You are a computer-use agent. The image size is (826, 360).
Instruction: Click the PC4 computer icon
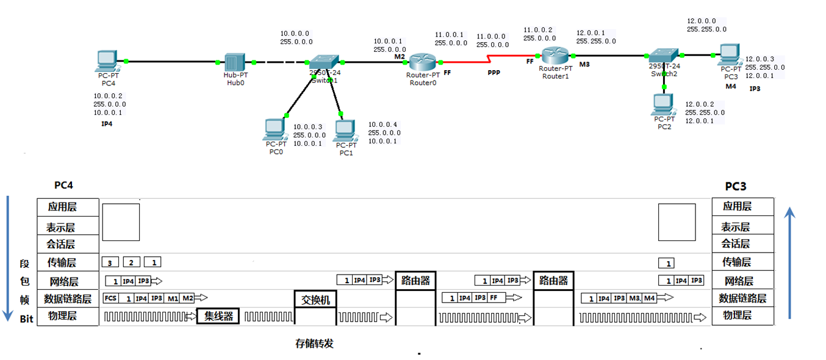(x=107, y=60)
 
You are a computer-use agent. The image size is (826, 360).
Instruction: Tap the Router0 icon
(x=422, y=62)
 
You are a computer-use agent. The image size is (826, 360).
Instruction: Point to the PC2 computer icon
(x=664, y=105)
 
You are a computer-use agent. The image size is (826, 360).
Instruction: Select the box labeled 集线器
(x=218, y=317)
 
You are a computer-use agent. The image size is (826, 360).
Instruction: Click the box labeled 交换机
(x=315, y=300)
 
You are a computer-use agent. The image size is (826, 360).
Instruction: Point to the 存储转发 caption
(x=315, y=344)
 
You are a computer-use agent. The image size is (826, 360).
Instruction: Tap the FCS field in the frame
(x=110, y=298)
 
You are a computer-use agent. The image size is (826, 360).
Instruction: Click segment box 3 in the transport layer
(x=110, y=262)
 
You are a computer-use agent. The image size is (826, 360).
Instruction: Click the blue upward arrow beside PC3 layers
(x=790, y=262)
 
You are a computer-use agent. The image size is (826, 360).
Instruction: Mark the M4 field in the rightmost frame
(x=649, y=298)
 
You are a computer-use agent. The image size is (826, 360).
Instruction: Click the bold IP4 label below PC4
(x=107, y=124)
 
